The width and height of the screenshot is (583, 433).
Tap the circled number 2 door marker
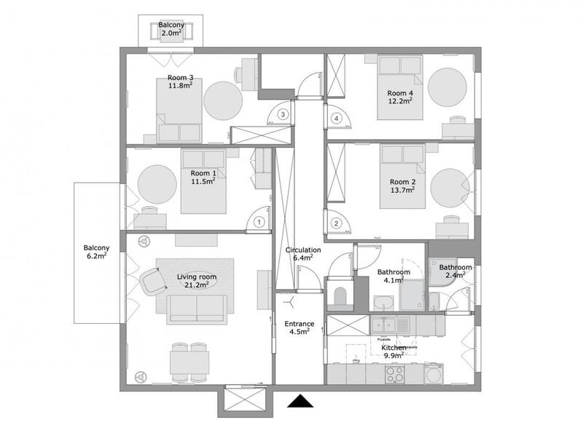tap(336, 223)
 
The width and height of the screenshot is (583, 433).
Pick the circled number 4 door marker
tap(336, 118)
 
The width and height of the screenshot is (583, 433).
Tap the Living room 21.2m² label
tap(192, 281)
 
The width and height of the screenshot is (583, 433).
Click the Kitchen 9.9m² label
tap(394, 352)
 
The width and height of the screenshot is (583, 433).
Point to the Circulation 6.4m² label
tap(300, 253)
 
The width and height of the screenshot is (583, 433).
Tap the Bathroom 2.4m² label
tap(455, 271)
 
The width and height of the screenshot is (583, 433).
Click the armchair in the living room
tap(152, 281)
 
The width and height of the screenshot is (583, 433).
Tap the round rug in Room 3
tap(222, 100)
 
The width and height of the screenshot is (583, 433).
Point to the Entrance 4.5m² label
tap(299, 327)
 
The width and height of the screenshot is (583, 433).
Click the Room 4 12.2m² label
tap(400, 97)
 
